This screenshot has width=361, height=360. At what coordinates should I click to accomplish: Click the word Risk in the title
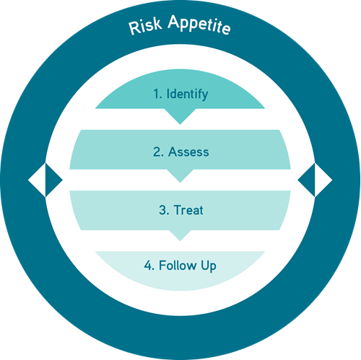[145, 26]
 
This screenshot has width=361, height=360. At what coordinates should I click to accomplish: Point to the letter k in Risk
[157, 24]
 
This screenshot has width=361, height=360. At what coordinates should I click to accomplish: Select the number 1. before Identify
[157, 94]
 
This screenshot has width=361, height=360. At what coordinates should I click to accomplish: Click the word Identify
[187, 95]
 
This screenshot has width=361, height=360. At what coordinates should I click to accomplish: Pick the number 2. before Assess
[158, 152]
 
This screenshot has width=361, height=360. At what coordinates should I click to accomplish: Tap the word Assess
[188, 152]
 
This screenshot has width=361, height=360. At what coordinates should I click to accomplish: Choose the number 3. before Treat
[164, 210]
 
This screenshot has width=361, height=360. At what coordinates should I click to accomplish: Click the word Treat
[188, 210]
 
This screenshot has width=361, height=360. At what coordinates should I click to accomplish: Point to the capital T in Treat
[178, 210]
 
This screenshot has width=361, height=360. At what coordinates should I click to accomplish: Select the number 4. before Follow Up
[149, 265]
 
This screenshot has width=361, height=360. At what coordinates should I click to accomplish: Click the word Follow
[178, 265]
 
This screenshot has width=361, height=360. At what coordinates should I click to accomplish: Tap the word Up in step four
[209, 266]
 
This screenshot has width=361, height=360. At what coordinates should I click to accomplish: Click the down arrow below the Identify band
[180, 116]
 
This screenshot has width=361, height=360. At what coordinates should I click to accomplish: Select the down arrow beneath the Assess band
[180, 175]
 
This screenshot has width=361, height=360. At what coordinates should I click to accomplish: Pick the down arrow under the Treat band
[180, 235]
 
